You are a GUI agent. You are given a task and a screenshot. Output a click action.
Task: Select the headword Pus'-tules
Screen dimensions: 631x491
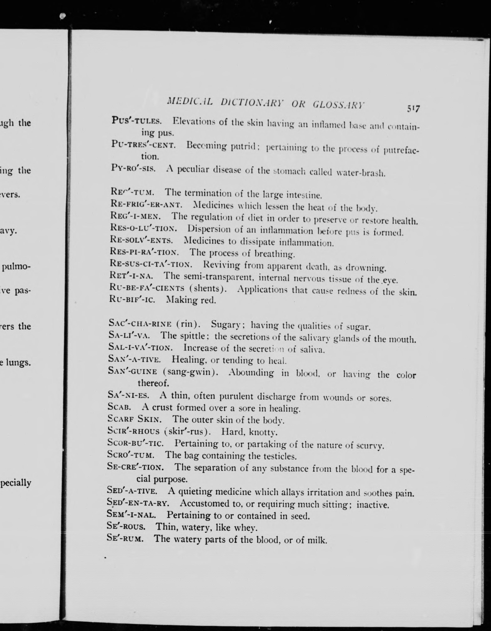click(136, 121)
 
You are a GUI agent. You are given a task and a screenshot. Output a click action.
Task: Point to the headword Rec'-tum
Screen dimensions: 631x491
click(132, 192)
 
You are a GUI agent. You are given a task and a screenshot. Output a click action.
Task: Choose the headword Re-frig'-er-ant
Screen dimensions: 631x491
click(146, 204)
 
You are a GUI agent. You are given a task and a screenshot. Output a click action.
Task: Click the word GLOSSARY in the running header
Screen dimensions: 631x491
click(339, 105)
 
